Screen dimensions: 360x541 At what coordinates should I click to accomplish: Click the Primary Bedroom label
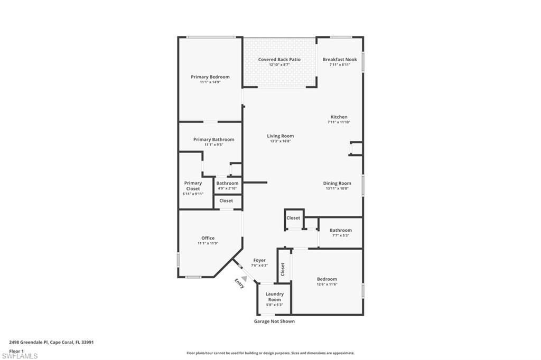pyautogui.click(x=210, y=77)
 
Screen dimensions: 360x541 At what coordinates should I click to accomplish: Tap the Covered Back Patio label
pyautogui.click(x=279, y=60)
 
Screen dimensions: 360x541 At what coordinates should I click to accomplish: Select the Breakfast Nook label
pyautogui.click(x=340, y=60)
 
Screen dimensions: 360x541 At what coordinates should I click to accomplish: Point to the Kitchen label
pyautogui.click(x=339, y=117)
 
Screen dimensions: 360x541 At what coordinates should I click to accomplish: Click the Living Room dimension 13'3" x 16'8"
pyautogui.click(x=280, y=141)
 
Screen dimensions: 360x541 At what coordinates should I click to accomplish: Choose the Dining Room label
pyautogui.click(x=337, y=183)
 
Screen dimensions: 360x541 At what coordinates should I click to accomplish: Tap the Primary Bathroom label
pyautogui.click(x=213, y=139)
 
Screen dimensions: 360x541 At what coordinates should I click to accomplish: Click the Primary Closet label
pyautogui.click(x=193, y=186)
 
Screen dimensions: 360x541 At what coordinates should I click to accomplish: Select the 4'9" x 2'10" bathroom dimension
pyautogui.click(x=227, y=188)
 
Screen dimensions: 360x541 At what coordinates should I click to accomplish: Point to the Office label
pyautogui.click(x=208, y=238)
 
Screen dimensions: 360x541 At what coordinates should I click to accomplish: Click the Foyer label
pyautogui.click(x=259, y=260)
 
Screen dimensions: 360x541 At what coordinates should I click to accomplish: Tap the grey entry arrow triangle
pyautogui.click(x=244, y=278)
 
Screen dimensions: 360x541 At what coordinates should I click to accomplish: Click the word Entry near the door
pyautogui.click(x=239, y=283)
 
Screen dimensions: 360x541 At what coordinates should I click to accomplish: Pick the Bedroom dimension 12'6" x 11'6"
pyautogui.click(x=327, y=284)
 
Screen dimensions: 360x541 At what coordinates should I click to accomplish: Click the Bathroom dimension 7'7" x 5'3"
pyautogui.click(x=340, y=235)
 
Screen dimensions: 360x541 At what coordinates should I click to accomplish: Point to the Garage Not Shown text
pyautogui.click(x=274, y=321)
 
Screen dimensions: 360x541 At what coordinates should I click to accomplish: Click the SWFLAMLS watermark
pyautogui.click(x=20, y=356)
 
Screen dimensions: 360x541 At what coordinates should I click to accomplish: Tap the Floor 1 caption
pyautogui.click(x=16, y=350)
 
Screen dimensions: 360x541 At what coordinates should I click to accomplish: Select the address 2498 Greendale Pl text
pyautogui.click(x=29, y=342)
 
